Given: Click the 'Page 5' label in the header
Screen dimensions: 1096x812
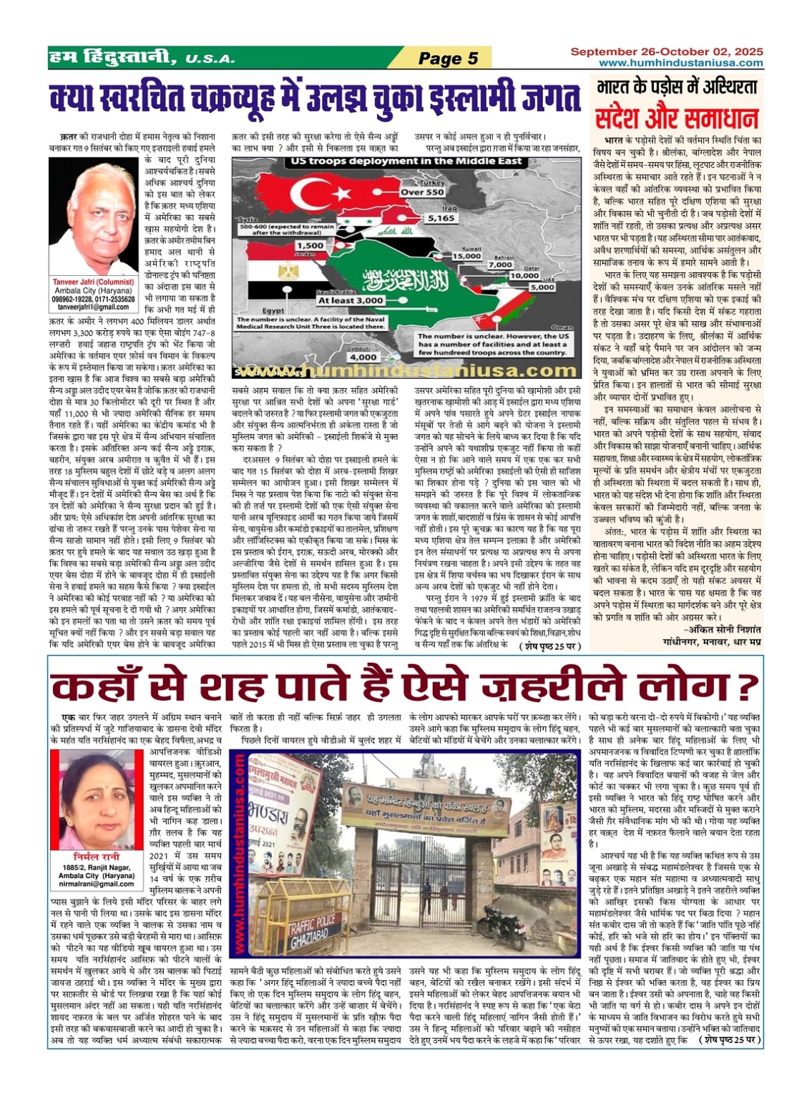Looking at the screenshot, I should point(448,58).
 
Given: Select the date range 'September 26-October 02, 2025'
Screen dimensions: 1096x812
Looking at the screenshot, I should point(666,52).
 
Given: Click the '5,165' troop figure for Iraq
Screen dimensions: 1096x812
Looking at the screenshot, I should point(441,218).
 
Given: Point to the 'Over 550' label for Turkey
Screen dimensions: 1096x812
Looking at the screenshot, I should point(422,192).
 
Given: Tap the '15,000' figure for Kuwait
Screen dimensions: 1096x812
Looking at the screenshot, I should point(466,255).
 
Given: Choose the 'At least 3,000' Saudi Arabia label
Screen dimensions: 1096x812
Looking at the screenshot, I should point(351,301).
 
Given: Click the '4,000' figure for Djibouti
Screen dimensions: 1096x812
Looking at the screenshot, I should point(363,357).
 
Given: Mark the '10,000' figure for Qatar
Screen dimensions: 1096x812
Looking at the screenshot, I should point(525,275).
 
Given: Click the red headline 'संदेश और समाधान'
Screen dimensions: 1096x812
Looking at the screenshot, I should point(675,117).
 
